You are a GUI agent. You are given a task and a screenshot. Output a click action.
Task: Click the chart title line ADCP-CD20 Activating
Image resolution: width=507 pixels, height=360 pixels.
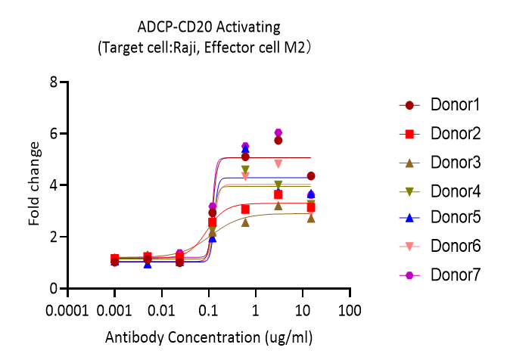[x=209, y=28]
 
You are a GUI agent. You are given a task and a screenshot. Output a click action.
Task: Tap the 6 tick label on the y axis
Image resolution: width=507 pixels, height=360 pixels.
[x=53, y=134]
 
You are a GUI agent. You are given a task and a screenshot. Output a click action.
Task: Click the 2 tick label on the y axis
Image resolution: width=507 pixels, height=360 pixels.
[x=53, y=237]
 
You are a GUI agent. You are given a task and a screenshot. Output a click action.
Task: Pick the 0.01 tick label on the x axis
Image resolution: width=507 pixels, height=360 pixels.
[x=161, y=311]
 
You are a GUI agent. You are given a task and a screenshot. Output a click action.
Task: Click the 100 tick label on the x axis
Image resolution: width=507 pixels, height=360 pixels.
[x=349, y=311]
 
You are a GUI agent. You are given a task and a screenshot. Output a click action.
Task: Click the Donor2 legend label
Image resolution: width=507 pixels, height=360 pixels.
[x=456, y=133]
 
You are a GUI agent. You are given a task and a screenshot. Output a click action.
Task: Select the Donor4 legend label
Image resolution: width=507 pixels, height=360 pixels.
[x=456, y=191]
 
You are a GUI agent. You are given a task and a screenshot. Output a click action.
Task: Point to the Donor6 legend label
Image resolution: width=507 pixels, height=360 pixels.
[x=456, y=247]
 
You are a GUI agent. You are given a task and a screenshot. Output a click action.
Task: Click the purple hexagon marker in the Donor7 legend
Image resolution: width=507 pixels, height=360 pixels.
[x=409, y=276]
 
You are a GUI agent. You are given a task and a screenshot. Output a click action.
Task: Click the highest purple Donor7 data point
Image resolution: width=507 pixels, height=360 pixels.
[x=278, y=133]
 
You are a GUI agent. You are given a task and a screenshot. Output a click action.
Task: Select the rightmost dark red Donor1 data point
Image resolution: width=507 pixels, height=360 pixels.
[x=311, y=176]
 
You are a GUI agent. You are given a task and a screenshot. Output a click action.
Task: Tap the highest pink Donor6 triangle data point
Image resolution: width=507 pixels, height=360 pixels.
[x=278, y=163]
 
